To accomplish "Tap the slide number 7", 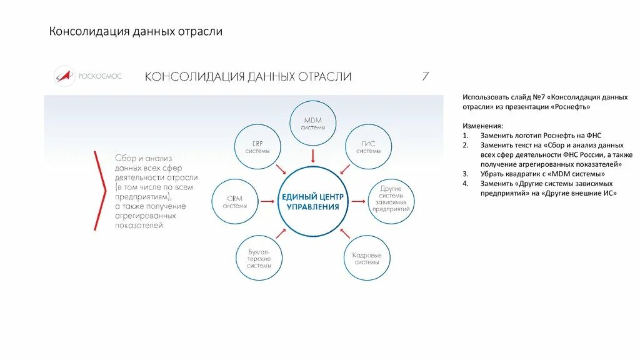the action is click(425, 77).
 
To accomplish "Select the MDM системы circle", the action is click(312, 122).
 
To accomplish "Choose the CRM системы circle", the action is click(234, 202).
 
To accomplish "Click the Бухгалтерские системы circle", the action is click(259, 257).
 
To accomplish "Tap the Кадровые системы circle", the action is click(367, 257).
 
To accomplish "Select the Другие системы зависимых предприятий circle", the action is click(391, 201).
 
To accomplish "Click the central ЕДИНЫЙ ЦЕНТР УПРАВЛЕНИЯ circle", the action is click(312, 201).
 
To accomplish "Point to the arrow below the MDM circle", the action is click(312, 155).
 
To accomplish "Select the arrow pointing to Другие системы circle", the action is click(359, 201).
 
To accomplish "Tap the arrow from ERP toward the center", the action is click(281, 169).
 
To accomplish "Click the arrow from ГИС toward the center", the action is click(344, 169).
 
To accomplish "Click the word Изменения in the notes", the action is click(482, 126).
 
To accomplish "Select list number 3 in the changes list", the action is click(465, 174).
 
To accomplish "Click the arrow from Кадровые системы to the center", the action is click(344, 234).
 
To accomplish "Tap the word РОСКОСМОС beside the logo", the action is click(100, 76).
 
